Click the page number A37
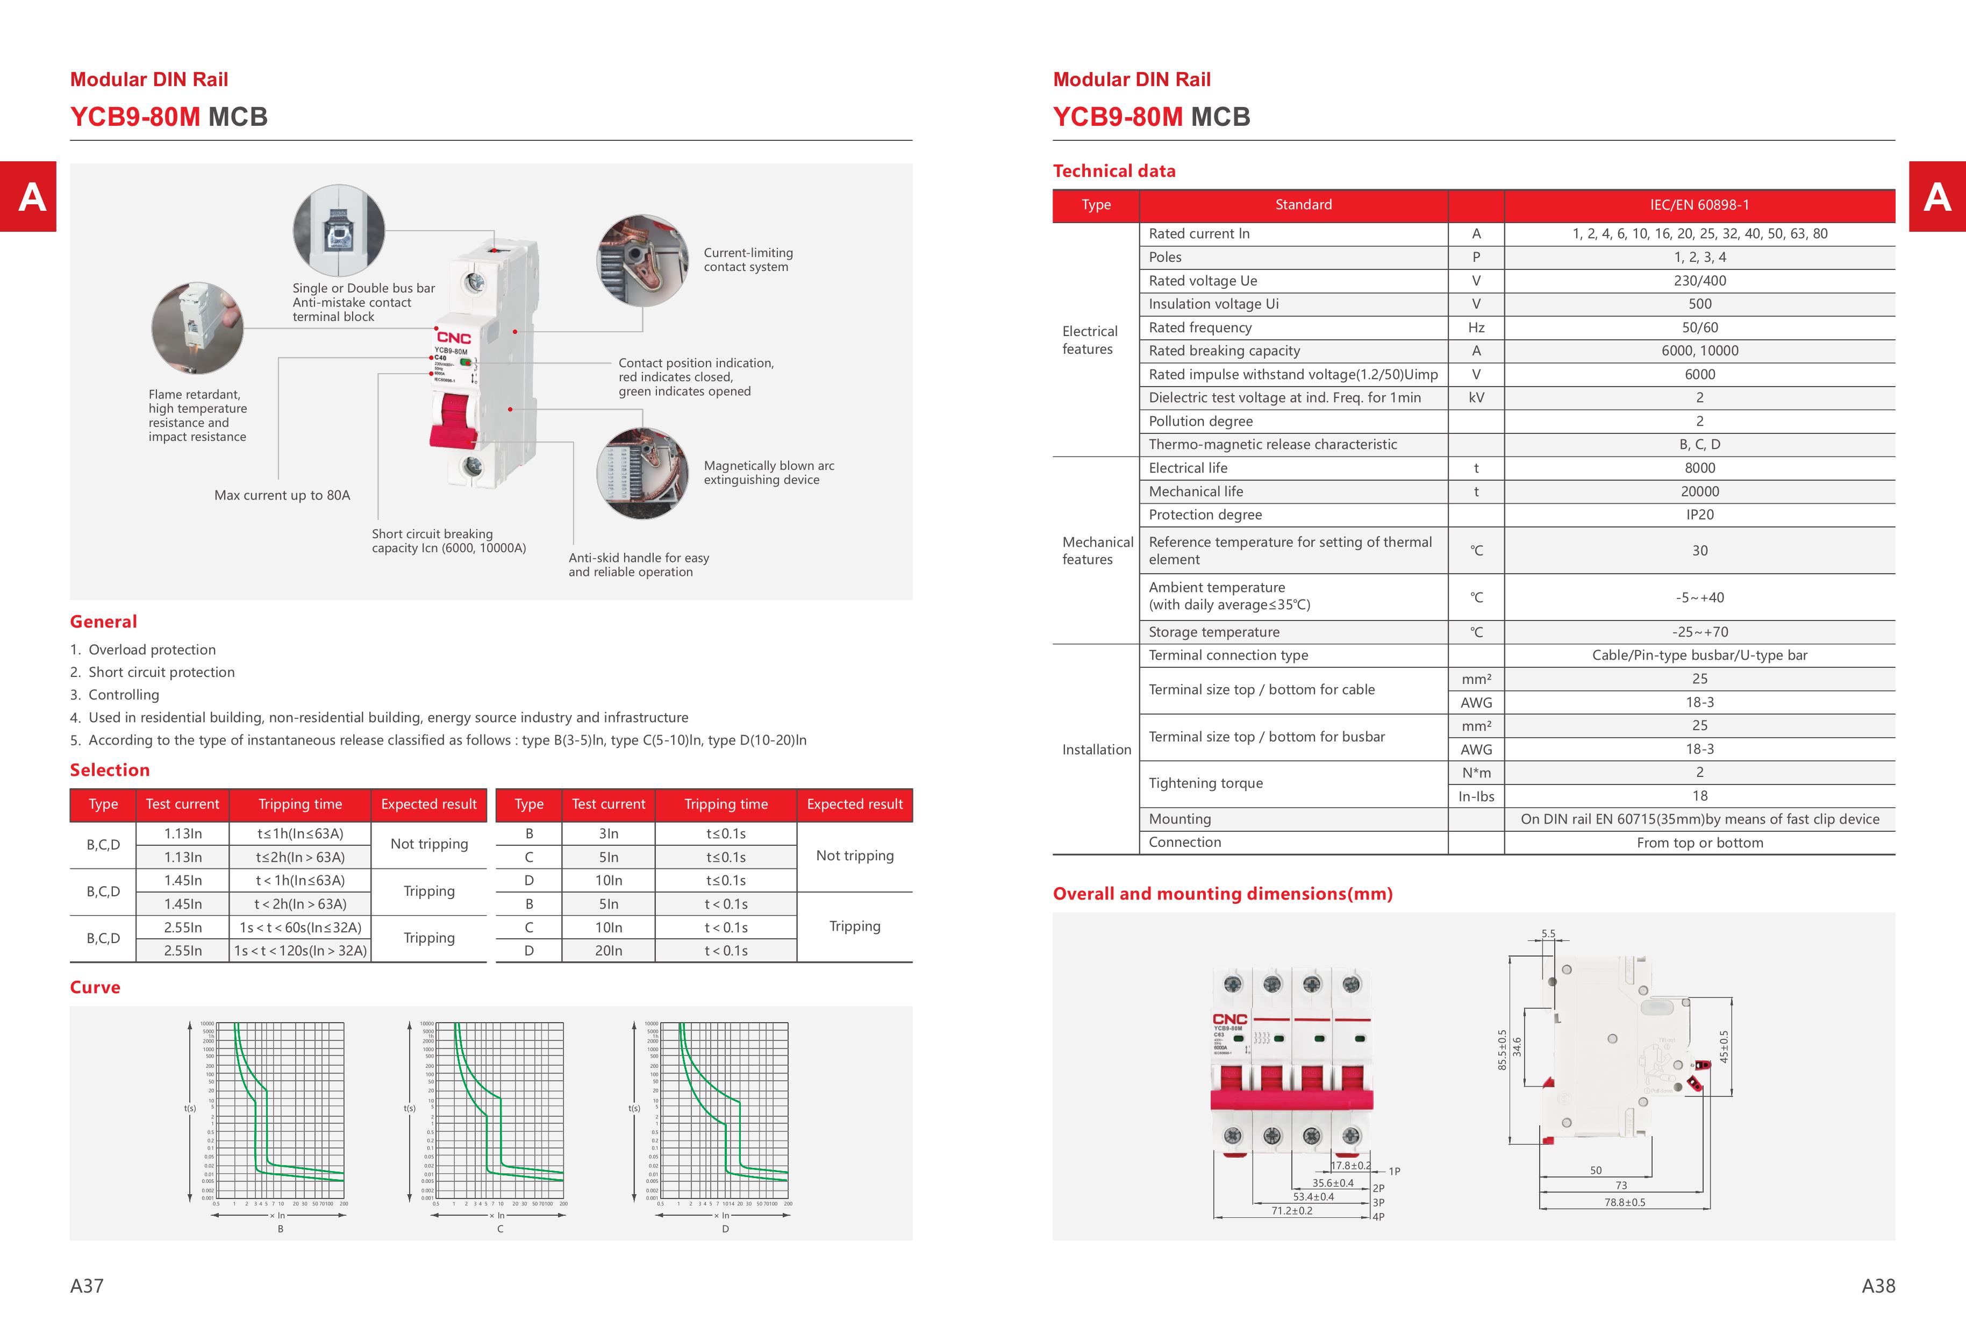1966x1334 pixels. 87,1285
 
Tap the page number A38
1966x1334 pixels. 1877,1285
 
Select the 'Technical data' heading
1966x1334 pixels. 1113,171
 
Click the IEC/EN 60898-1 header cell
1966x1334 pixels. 1699,205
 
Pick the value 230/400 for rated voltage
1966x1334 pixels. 1699,281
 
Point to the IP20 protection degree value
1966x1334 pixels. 1699,515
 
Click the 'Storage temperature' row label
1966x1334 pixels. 1213,632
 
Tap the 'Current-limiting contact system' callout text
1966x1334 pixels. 748,260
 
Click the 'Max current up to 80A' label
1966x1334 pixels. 282,495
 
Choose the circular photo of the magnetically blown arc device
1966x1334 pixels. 642,473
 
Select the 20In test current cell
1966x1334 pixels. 608,951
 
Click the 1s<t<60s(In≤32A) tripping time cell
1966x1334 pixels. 301,927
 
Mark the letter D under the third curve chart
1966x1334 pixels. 725,1228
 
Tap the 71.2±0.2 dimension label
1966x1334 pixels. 1292,1210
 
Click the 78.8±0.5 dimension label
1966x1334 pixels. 1624,1202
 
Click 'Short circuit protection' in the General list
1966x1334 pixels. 161,672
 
